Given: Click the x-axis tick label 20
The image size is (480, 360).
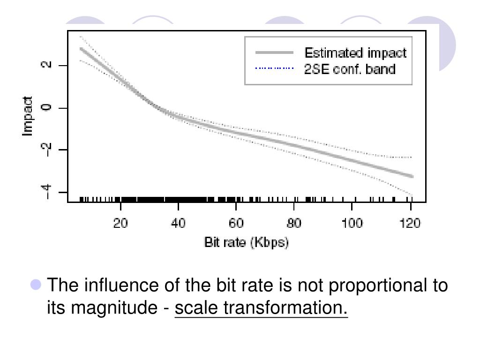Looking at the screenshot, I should [x=120, y=223].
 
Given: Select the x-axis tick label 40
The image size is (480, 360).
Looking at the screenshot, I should [x=178, y=223].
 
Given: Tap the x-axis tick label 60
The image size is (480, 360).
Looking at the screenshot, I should [x=236, y=223].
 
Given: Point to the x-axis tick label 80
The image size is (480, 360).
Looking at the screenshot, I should [x=294, y=223].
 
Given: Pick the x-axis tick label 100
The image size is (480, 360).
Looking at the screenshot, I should [x=352, y=223].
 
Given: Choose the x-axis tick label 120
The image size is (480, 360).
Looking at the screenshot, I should [x=410, y=223].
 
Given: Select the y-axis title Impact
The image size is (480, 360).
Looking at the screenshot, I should [x=28, y=117].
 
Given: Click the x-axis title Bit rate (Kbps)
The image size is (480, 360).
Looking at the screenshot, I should [x=247, y=242].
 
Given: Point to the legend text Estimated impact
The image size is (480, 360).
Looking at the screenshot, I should [x=355, y=52].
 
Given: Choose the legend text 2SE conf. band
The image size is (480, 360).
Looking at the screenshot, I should [x=349, y=69].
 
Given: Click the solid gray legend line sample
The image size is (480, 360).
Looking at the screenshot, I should [x=274, y=52].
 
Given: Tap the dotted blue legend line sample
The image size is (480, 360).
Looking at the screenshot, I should [x=274, y=69].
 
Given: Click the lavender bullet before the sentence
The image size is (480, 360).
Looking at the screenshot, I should [x=36, y=285].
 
